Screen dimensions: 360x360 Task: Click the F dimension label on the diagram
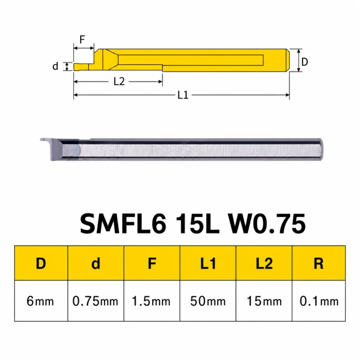coord(82,39)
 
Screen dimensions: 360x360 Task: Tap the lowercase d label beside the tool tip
coord(55,66)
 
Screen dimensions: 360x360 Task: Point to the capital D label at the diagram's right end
coord(304,62)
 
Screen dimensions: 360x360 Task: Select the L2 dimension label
coord(119,82)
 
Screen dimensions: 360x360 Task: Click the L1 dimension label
coord(183,95)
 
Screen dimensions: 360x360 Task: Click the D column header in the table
coord(41,264)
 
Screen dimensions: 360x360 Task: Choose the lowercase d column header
coord(96,264)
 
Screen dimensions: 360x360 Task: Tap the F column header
coord(152,264)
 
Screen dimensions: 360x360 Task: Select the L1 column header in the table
coord(208,264)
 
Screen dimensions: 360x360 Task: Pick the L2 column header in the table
coord(264,264)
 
